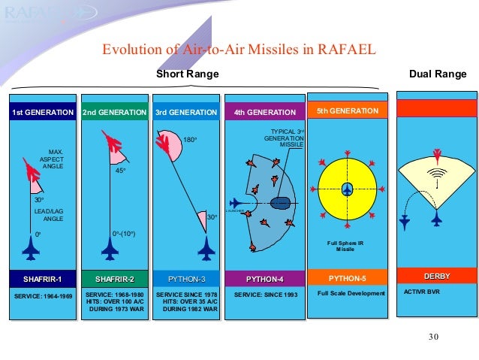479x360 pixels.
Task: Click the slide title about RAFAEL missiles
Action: (238, 51)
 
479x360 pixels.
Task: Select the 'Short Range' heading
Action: (187, 74)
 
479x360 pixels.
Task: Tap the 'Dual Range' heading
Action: (437, 74)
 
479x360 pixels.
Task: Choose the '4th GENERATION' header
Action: (264, 112)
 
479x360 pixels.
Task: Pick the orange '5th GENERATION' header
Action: (347, 110)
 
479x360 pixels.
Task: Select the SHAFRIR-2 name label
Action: (114, 280)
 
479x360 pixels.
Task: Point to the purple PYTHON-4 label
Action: (264, 280)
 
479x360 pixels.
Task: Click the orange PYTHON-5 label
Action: (347, 278)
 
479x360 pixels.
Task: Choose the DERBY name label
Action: (436, 276)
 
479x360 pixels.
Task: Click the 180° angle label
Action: (191, 140)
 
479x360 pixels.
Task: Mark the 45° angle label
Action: (119, 171)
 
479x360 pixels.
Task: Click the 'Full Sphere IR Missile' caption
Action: (346, 246)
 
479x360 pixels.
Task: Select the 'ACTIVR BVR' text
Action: (422, 290)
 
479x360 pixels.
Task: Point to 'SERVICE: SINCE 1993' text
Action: (264, 294)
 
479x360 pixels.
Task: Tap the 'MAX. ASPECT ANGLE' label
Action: (51, 161)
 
